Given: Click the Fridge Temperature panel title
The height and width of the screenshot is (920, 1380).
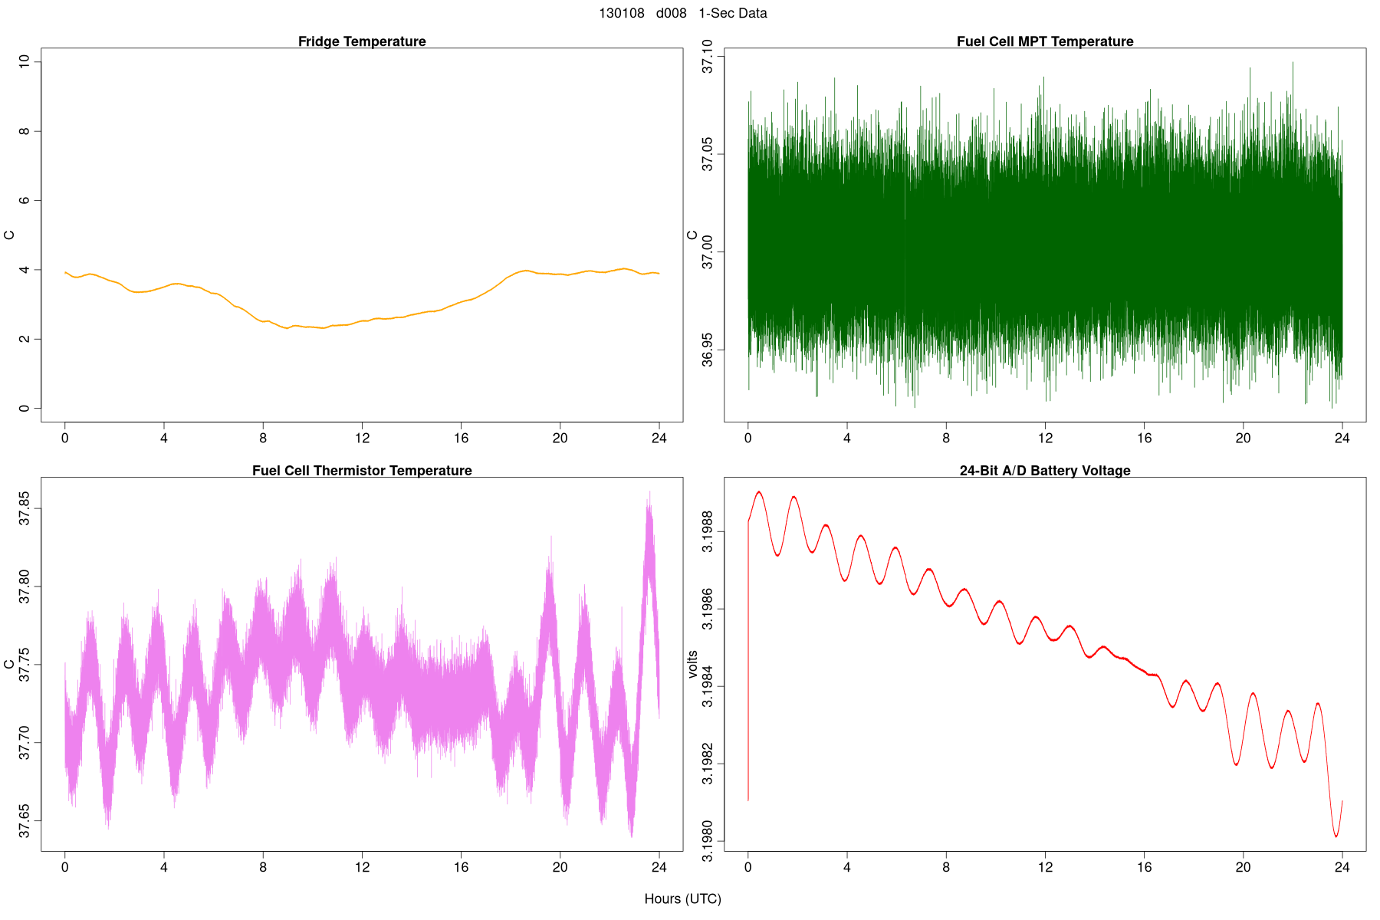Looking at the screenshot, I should coord(362,41).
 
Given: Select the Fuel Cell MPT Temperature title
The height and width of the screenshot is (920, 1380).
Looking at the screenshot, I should coord(1045,41).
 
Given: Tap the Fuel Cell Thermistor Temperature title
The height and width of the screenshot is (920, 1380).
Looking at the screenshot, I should coord(362,471).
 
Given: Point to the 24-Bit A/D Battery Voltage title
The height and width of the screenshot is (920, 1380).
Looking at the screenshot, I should coord(1045,471).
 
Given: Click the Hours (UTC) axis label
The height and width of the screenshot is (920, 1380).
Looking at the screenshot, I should coord(682,899).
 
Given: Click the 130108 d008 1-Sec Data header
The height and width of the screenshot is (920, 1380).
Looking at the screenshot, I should coord(682,13).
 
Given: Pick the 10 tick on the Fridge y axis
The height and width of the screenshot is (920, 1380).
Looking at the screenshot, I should coord(25,61).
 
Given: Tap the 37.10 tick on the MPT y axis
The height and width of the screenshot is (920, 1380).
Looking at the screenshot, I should coord(708,57).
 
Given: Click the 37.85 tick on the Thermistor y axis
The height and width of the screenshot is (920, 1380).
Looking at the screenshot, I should coord(25,508).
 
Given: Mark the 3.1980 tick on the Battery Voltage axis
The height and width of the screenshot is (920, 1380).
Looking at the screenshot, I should coord(708,842).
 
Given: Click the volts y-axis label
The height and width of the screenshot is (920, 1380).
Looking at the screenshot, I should coord(693,664).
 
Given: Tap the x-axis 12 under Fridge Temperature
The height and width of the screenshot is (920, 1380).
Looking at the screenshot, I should coord(362,439).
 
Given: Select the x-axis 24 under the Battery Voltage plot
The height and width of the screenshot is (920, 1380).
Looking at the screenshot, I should coord(1342,868).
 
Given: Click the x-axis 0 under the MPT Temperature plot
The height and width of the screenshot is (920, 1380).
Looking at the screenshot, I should coord(748,439).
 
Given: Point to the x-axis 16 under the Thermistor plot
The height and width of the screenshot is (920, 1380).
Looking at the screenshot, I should coord(461,868).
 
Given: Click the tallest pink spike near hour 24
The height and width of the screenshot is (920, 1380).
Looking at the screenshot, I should coord(649,492).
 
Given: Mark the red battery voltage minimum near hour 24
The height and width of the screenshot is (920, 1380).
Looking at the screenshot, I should coord(1336,836).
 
